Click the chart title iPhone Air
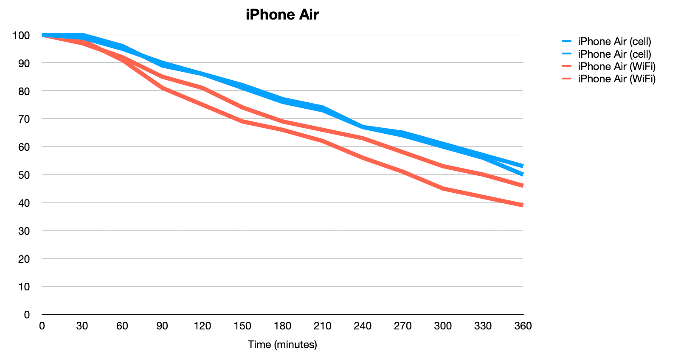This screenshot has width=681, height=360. click(282, 15)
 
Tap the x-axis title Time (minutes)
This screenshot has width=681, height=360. click(282, 344)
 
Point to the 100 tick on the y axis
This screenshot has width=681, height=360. click(21, 35)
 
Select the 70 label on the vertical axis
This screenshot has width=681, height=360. click(24, 119)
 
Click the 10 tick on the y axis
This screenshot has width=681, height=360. click(24, 287)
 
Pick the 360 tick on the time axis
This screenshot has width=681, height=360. click(523, 326)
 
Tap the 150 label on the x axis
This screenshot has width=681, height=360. click(242, 326)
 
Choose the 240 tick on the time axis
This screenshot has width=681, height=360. click(363, 326)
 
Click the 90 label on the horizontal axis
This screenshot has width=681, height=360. click(162, 326)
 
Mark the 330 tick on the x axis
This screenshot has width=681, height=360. click(483, 326)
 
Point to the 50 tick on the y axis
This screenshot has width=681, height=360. click(24, 175)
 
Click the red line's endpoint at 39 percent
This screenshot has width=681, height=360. click(522, 205)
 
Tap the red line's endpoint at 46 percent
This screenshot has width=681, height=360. click(522, 186)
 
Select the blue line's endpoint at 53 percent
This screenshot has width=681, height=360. click(522, 166)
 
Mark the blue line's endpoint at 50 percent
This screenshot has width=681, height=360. click(522, 174)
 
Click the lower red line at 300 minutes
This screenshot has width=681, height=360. click(443, 188)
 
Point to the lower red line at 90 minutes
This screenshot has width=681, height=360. click(162, 88)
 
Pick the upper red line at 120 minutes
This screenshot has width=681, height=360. click(203, 88)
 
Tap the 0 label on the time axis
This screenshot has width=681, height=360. click(42, 326)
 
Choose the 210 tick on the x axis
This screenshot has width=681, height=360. click(323, 326)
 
